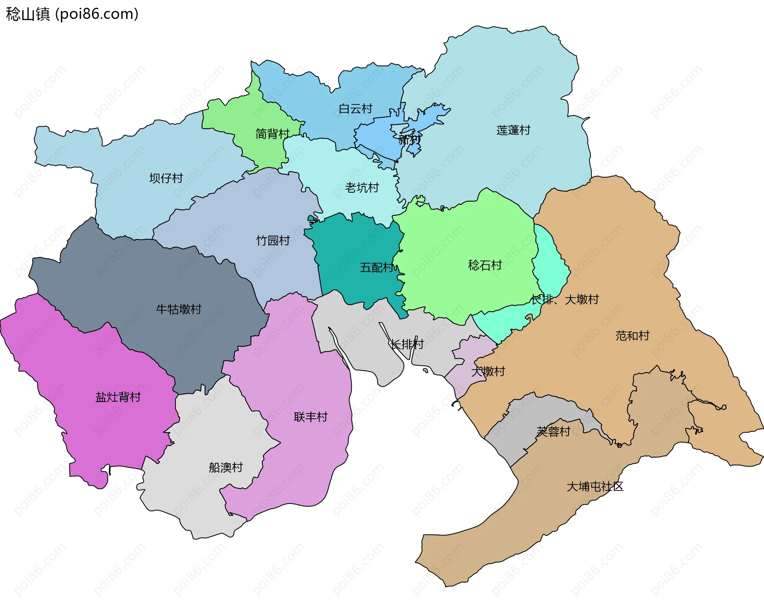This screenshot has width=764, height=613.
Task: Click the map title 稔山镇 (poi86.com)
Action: point(72,14)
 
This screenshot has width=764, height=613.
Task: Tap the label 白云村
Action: point(355,109)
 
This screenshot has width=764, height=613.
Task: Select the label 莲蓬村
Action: point(513,130)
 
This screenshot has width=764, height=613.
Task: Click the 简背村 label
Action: point(272,134)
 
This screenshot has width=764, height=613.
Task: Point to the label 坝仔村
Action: point(166,178)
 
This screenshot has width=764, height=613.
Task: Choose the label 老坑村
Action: point(362,187)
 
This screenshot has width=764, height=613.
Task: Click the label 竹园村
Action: point(273,240)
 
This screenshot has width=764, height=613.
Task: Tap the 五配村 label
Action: point(377,267)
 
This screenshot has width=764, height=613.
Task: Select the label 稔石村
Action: point(485,265)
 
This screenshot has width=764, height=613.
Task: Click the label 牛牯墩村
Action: point(179,309)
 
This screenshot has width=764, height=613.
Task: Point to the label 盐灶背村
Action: point(118,397)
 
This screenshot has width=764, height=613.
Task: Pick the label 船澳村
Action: point(226,467)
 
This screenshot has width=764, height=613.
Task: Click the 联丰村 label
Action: point(310,417)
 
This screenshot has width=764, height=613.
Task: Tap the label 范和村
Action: point(632,336)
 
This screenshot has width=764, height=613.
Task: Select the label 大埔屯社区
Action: point(595,486)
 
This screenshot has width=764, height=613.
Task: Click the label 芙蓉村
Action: point(553,431)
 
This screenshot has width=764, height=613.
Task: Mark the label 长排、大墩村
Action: point(565,299)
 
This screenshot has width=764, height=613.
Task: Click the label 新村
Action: point(409,140)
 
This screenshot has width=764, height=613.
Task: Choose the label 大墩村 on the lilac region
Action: point(488,371)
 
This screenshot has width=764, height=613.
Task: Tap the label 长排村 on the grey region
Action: point(407,344)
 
